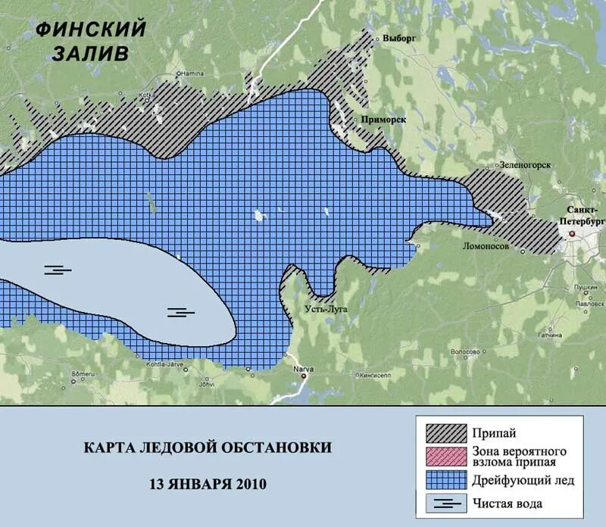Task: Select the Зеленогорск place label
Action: pos(524,165)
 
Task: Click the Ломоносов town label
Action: pos(486,246)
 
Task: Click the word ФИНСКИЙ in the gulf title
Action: pos(90,30)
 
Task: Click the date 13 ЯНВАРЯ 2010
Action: pos(207,483)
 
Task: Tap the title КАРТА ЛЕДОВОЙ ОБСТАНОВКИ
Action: pos(207,447)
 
